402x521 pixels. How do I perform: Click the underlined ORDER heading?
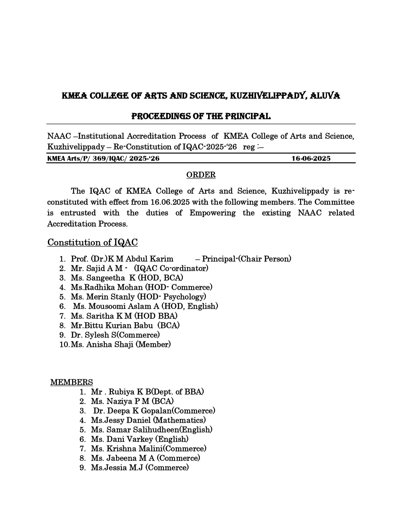[x=201, y=175]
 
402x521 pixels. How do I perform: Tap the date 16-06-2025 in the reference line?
[x=311, y=159]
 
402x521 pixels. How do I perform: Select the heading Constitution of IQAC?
[x=92, y=243]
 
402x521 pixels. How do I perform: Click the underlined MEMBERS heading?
[x=72, y=382]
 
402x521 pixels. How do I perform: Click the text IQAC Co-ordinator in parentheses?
[x=171, y=268]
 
